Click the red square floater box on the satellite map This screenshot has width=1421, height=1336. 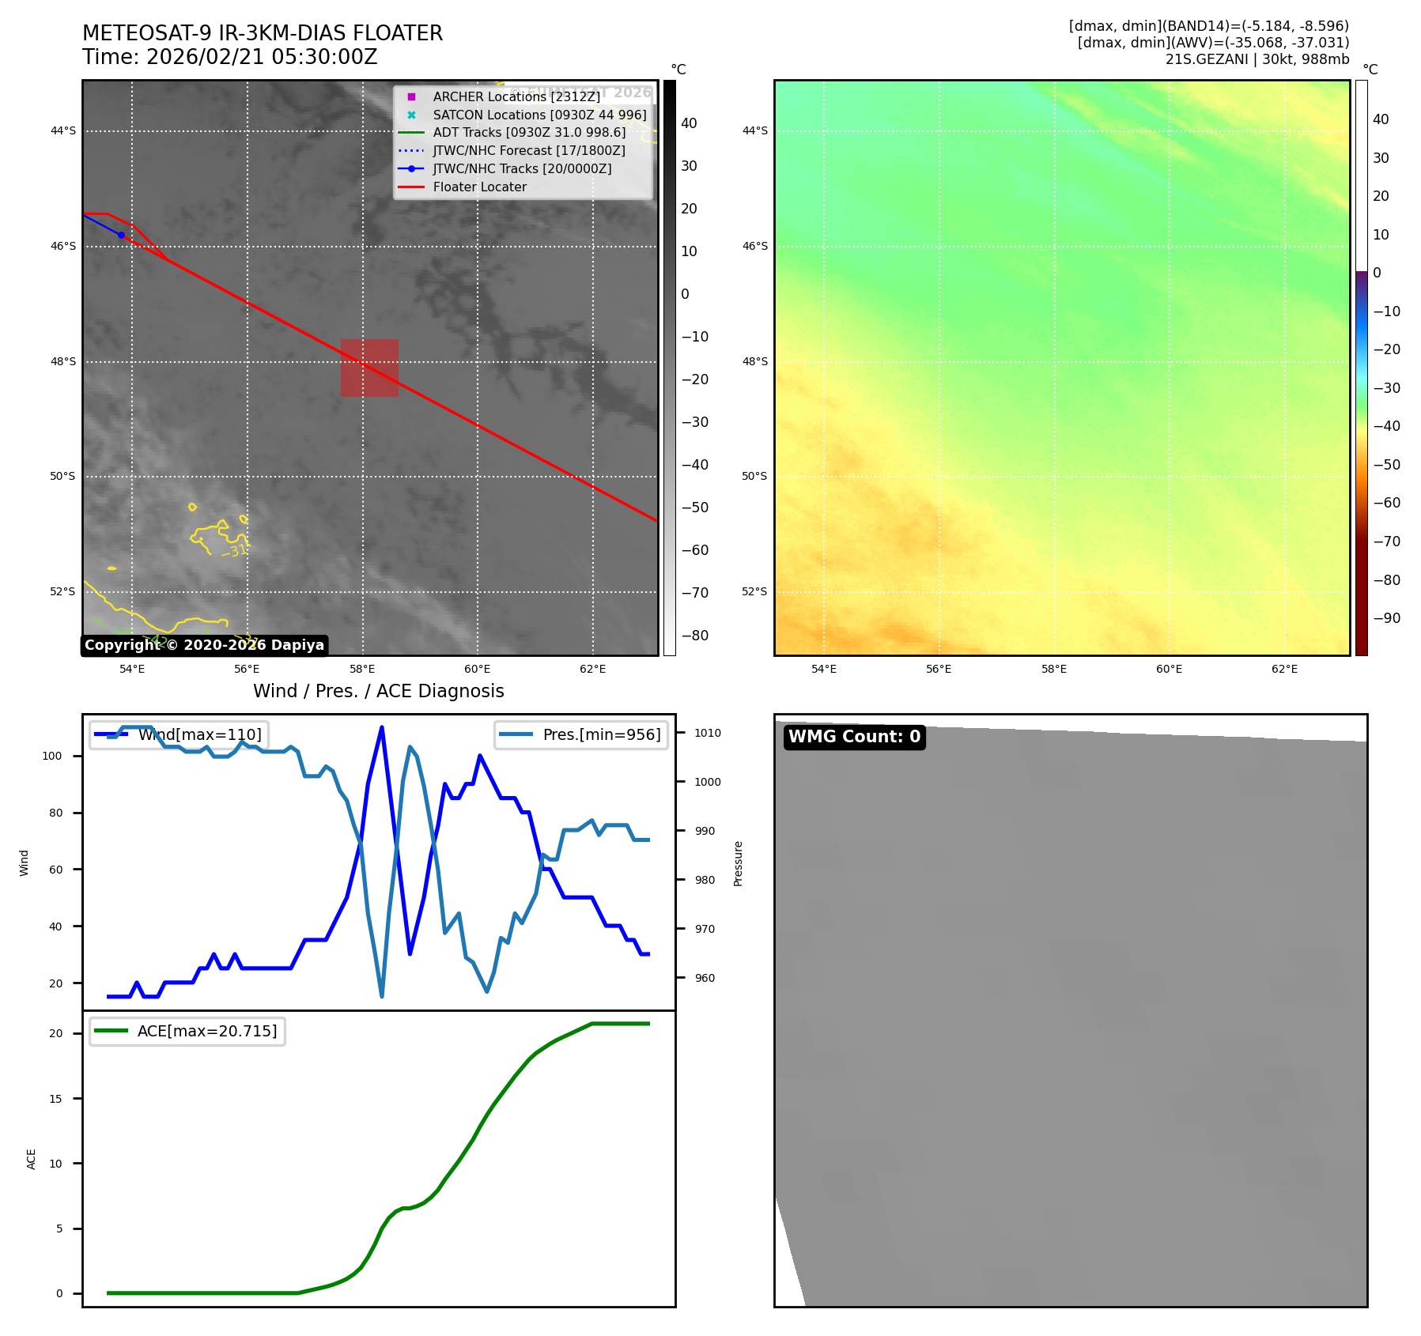[369, 368]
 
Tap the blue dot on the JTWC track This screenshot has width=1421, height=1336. [121, 235]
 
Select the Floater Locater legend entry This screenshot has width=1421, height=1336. [479, 187]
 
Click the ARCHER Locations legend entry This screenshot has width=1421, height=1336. [516, 96]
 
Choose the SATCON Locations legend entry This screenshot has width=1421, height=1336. [539, 115]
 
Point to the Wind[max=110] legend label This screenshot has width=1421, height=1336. [199, 734]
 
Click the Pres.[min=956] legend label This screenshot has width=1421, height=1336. [601, 734]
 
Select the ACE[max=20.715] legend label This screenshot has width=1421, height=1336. [207, 1031]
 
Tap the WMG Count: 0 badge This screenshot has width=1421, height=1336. [854, 737]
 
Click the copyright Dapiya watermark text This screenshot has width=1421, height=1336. [204, 645]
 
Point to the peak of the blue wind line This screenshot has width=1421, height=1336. [382, 727]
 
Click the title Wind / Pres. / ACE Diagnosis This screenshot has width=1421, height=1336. [378, 691]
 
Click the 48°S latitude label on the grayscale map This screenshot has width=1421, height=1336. [63, 361]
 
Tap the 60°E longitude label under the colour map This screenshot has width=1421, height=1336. [1169, 669]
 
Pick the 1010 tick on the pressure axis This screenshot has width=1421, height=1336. [708, 733]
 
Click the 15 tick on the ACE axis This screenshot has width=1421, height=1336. [56, 1098]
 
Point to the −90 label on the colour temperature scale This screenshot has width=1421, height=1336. [1386, 618]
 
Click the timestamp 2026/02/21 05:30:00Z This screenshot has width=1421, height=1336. [262, 57]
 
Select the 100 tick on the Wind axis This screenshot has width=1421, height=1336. [52, 756]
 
